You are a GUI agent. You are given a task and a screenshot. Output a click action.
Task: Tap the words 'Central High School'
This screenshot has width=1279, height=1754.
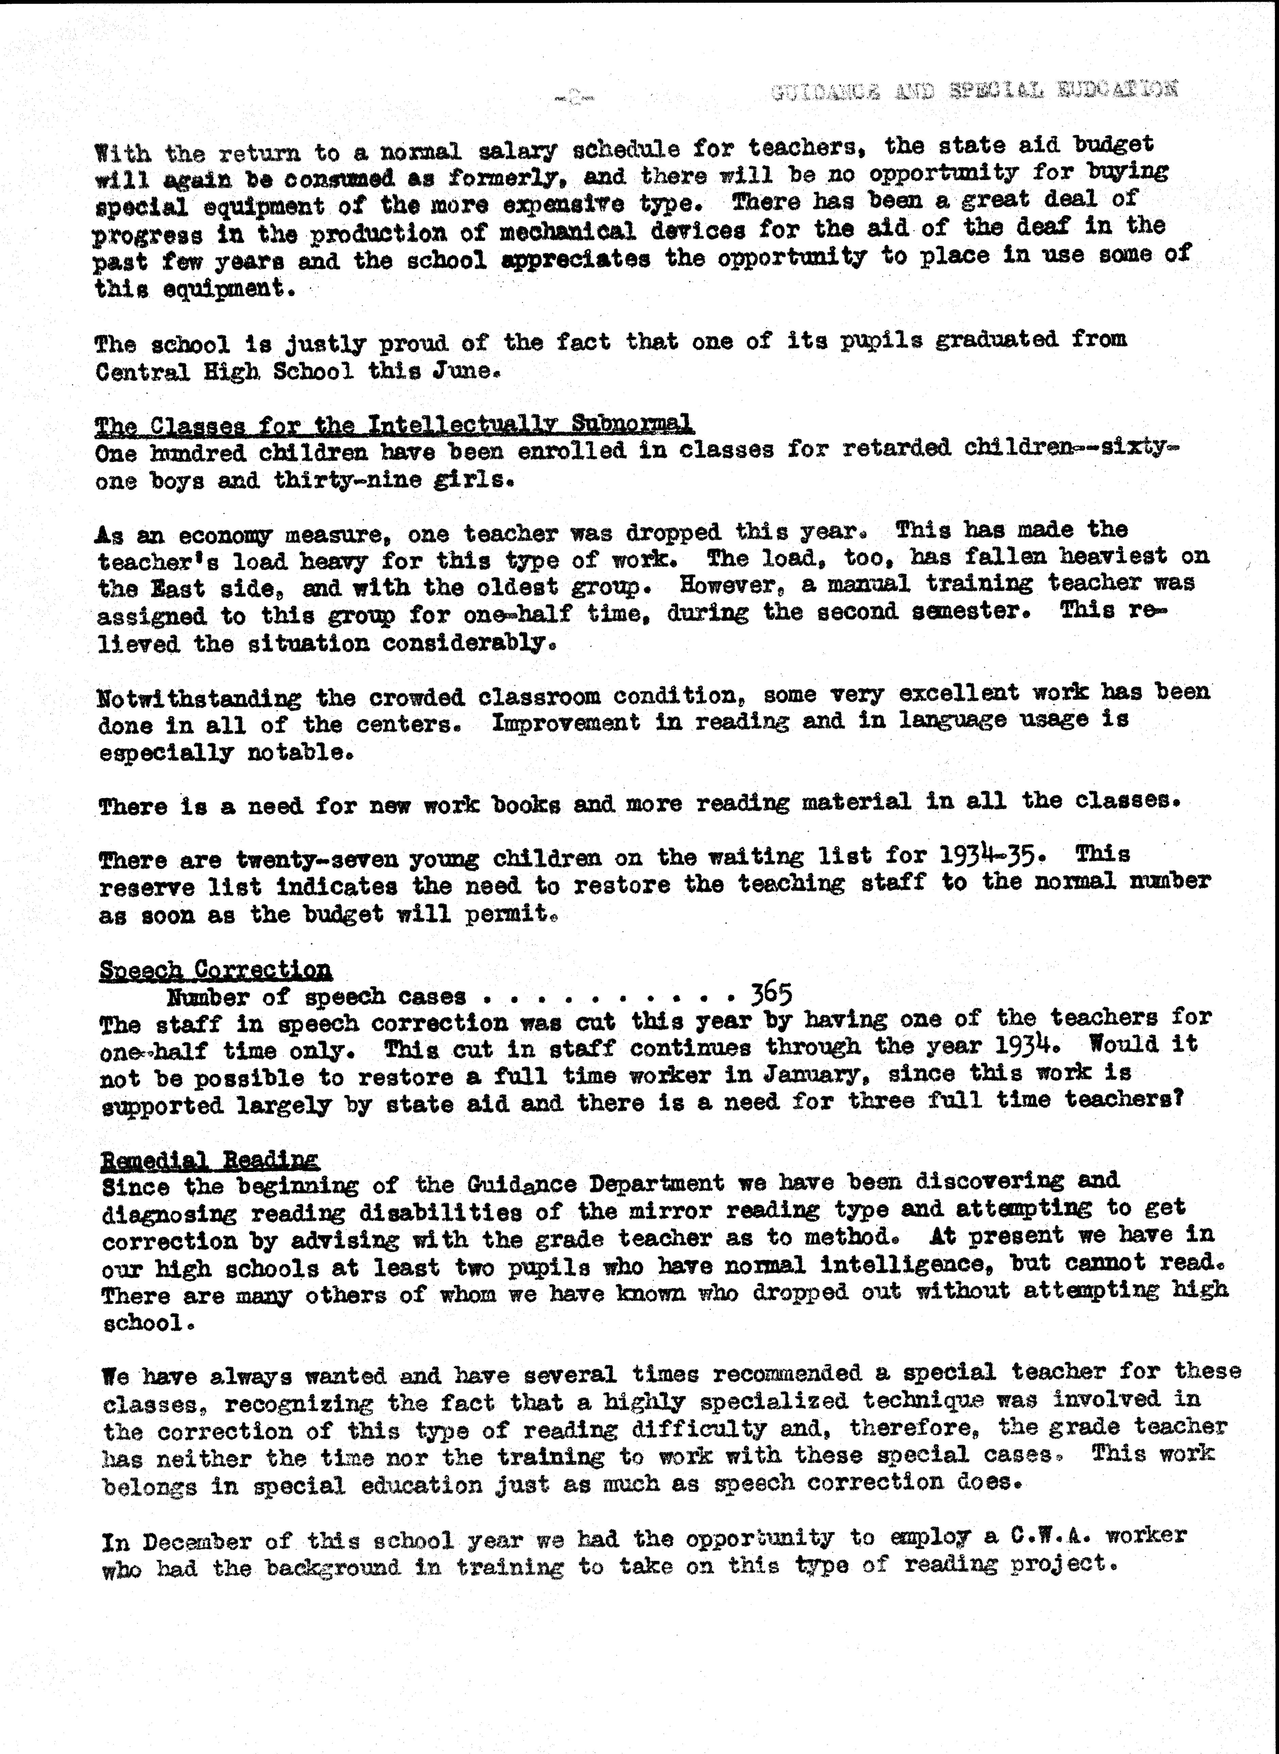(x=225, y=372)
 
